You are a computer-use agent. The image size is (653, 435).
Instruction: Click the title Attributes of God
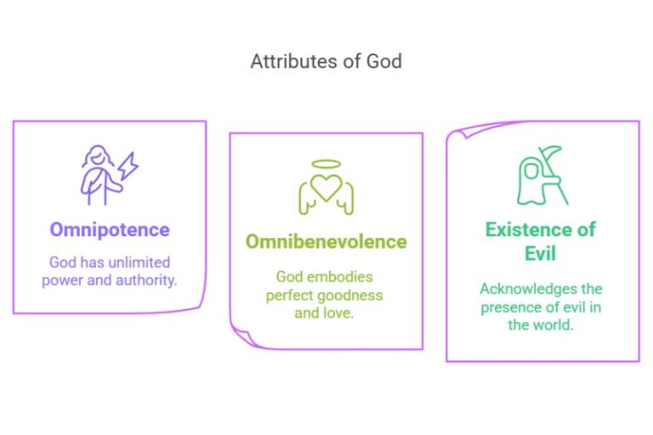tap(326, 61)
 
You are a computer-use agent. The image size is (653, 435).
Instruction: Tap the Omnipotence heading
tap(109, 229)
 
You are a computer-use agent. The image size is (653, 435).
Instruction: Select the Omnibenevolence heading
tap(326, 241)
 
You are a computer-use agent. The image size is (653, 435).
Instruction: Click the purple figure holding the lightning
tap(96, 174)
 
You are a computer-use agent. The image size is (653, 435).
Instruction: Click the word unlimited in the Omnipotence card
tap(139, 262)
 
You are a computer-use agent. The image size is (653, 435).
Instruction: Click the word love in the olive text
tap(340, 313)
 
